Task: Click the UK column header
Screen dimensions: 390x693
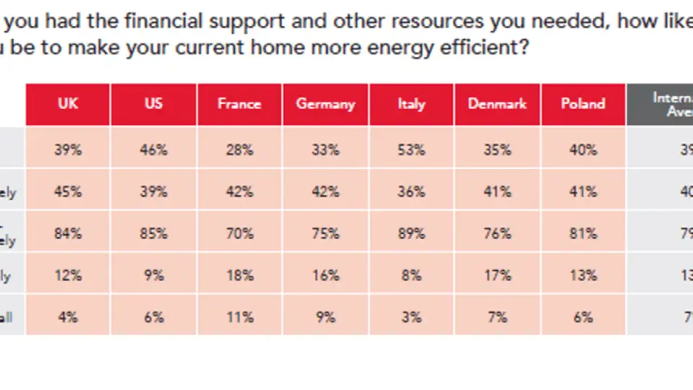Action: pyautogui.click(x=68, y=104)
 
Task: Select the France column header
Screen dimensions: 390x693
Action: pyautogui.click(x=239, y=104)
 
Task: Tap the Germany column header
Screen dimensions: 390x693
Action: pyautogui.click(x=326, y=104)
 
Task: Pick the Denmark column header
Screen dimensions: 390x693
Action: pyautogui.click(x=497, y=104)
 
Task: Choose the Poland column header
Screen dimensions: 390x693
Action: pyautogui.click(x=583, y=104)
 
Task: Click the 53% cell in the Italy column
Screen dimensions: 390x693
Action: pyautogui.click(x=411, y=150)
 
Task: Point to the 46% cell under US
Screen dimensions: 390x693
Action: pyautogui.click(x=154, y=150)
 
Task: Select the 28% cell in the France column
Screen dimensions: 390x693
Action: pyautogui.click(x=239, y=150)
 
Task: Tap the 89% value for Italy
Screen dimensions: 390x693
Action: pyautogui.click(x=411, y=234)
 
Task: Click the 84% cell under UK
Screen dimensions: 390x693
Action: pyautogui.click(x=68, y=234)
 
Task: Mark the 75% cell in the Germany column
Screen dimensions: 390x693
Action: pyautogui.click(x=326, y=234)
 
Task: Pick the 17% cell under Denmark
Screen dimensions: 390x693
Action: pyautogui.click(x=497, y=276)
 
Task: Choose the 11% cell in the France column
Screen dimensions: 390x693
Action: pyautogui.click(x=239, y=317)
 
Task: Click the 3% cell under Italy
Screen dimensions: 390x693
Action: pyautogui.click(x=411, y=317)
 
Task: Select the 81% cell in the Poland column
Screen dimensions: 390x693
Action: pyautogui.click(x=583, y=234)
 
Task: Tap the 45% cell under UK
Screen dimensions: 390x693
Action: pyautogui.click(x=68, y=192)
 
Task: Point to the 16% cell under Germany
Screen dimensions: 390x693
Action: pyautogui.click(x=326, y=276)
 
